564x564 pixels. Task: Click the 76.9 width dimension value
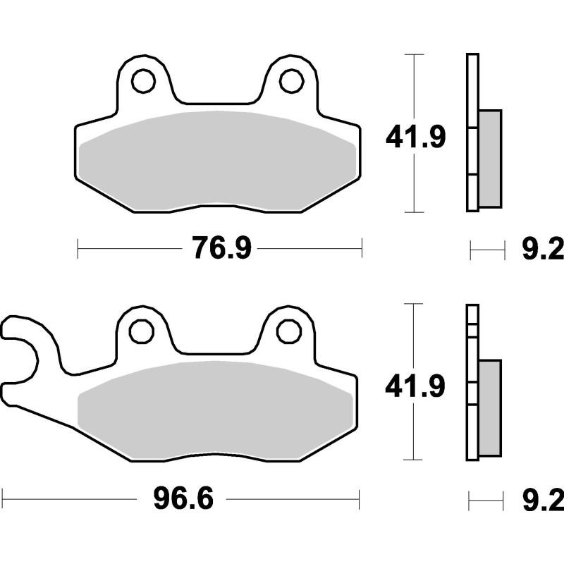coord(220,248)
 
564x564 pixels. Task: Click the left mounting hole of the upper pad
coord(143,81)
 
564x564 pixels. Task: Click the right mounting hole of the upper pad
coord(291,81)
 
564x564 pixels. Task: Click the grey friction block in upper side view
coord(490,159)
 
